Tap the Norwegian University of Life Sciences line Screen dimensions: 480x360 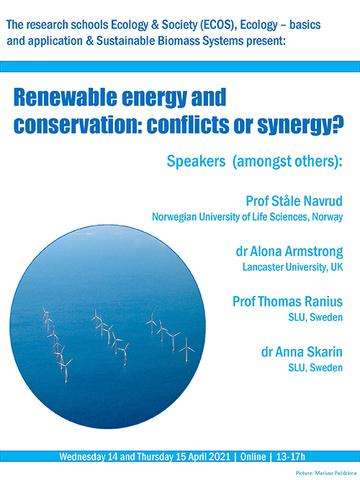(246, 216)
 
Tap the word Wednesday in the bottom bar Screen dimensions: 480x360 (84, 457)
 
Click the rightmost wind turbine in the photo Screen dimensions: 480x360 (186, 348)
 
